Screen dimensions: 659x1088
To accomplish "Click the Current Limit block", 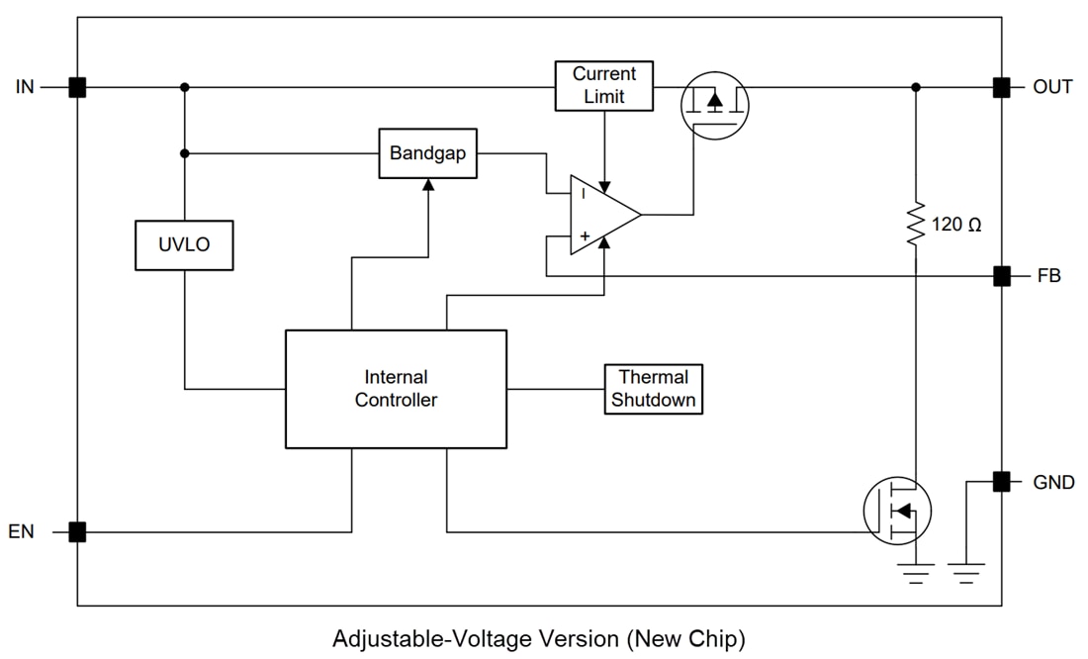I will click(x=603, y=86).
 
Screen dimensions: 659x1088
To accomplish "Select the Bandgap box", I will click(x=427, y=153).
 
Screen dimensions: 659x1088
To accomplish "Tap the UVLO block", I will click(x=184, y=244).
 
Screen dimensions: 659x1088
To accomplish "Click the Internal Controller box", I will click(x=396, y=389).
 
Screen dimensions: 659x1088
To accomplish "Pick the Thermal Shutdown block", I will click(x=653, y=389).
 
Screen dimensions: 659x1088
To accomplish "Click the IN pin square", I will click(x=77, y=87).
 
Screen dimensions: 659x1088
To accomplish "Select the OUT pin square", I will click(x=1001, y=87).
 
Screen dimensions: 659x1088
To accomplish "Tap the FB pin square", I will click(x=1001, y=276).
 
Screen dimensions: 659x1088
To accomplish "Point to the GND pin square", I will click(x=1001, y=482).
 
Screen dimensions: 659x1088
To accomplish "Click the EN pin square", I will click(x=77, y=532).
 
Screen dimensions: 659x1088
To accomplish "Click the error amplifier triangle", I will click(x=601, y=215).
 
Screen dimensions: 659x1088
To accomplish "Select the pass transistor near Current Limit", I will click(x=715, y=102).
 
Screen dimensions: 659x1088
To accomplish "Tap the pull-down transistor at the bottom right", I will click(x=897, y=511).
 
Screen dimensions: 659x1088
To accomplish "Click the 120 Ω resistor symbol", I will click(x=916, y=225).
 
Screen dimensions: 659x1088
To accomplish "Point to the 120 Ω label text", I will click(x=956, y=225).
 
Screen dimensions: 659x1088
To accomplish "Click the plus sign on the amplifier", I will click(x=584, y=235).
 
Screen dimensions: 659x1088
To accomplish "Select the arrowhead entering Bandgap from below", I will click(x=427, y=184).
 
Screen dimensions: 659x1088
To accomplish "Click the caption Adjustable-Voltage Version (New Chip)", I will click(x=539, y=638).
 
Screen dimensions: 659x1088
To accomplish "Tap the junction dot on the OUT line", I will click(x=916, y=87).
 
